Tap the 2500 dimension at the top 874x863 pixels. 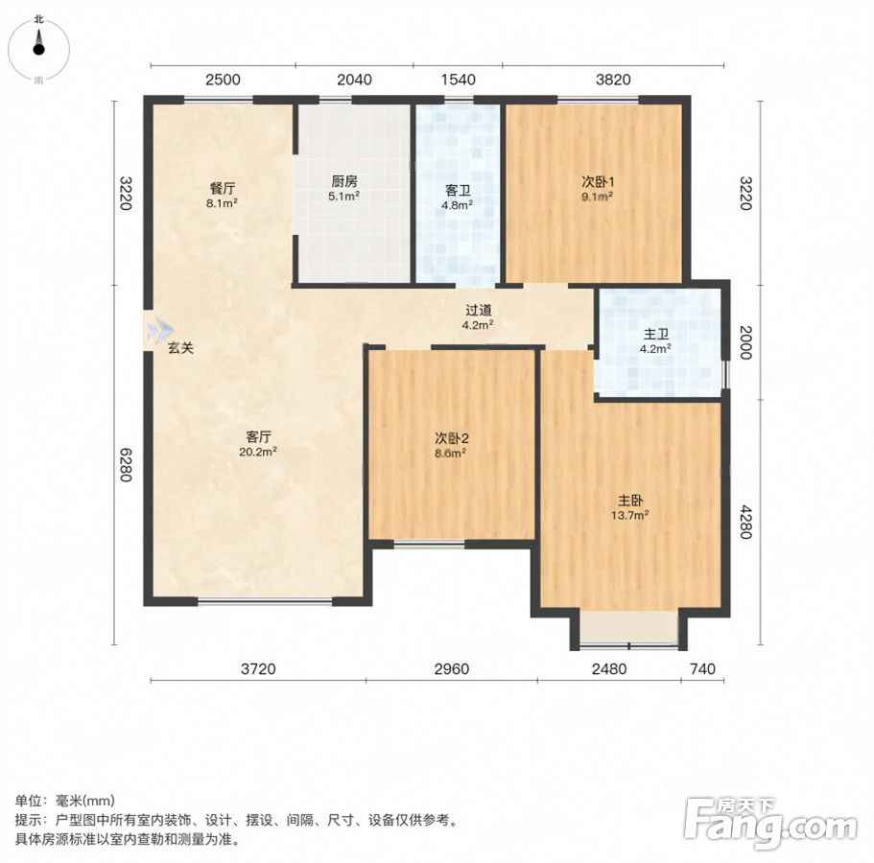[223, 80]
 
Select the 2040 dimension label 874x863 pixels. [355, 80]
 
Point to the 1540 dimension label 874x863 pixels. [459, 80]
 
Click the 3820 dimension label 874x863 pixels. [613, 80]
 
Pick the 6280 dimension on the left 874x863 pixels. [125, 465]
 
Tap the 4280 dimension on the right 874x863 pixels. [745, 522]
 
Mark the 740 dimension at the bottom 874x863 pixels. [702, 668]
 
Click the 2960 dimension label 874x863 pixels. [452, 668]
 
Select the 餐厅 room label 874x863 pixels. [222, 188]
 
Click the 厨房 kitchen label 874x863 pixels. [343, 181]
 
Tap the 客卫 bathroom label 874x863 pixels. [458, 191]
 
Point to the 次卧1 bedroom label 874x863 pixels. [598, 181]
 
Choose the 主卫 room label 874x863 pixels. [655, 335]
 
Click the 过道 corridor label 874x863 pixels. [478, 311]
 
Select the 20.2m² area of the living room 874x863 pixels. [258, 452]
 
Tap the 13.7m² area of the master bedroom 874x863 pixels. [629, 515]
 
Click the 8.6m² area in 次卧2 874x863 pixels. [450, 453]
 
